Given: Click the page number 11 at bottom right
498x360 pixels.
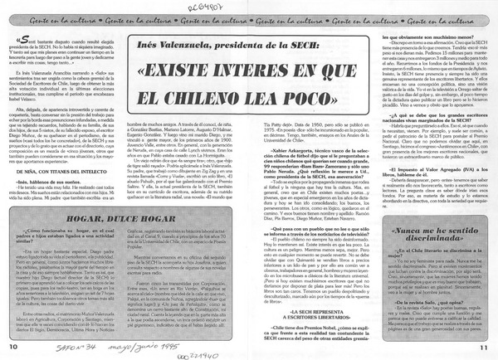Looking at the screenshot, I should pos(485,345).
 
